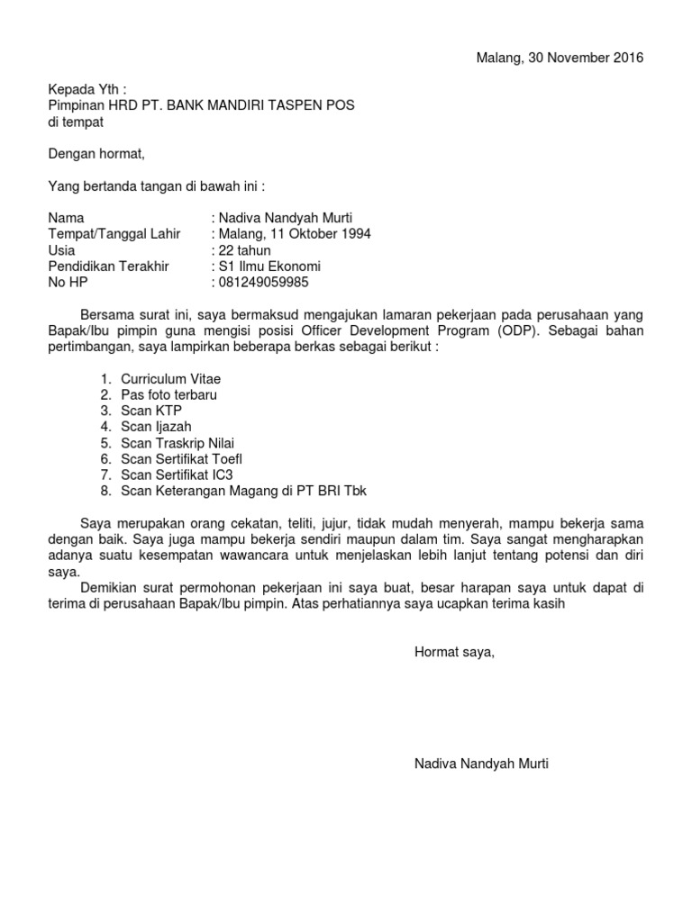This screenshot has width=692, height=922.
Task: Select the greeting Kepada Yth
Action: point(86,89)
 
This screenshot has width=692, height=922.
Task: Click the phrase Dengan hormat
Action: point(96,154)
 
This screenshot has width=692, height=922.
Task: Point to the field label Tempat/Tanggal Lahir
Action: point(114,234)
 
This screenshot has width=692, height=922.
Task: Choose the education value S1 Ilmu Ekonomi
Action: point(269,267)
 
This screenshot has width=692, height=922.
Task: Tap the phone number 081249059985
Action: point(262,283)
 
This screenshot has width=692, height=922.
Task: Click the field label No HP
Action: point(68,283)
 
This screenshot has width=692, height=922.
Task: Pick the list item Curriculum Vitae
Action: point(170,379)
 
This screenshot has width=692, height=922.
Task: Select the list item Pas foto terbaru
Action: point(168,395)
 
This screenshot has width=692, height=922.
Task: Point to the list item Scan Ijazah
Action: point(156,427)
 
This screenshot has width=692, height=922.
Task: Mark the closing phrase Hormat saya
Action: point(454,651)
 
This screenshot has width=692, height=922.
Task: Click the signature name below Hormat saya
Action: point(480,764)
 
